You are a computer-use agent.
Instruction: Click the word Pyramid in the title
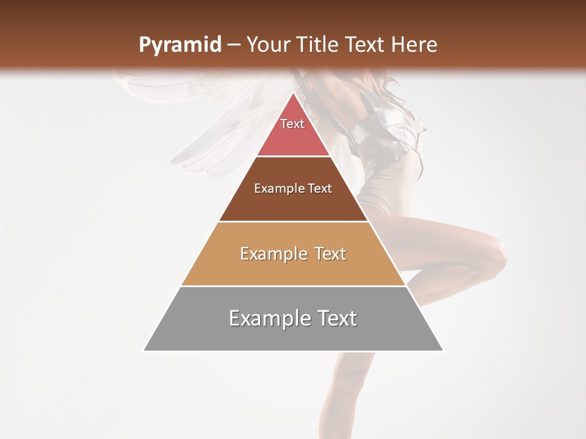(179, 45)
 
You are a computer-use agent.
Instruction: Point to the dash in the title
(233, 45)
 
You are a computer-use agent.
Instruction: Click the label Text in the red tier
(292, 124)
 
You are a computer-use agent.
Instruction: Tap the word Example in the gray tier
(269, 318)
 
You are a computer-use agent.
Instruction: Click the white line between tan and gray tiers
(293, 286)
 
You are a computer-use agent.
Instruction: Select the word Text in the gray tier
(335, 318)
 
